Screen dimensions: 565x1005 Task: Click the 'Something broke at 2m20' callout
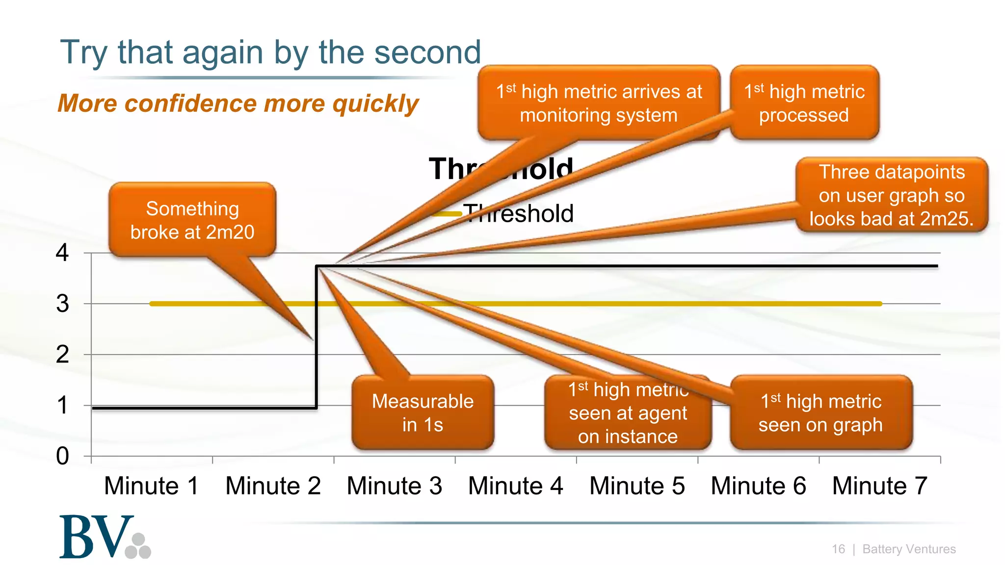point(192,220)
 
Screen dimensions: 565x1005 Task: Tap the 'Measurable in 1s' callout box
point(423,413)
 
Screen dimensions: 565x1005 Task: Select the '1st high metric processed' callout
point(804,103)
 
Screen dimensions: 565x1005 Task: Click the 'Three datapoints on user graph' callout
point(892,195)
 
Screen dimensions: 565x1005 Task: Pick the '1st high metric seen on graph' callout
point(820,413)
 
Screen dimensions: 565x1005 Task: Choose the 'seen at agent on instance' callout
point(628,413)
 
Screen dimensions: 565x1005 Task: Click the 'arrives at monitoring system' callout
point(599,103)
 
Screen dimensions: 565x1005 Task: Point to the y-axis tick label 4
point(62,253)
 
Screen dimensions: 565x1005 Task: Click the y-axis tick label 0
point(62,456)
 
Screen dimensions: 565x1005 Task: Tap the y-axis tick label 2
point(62,355)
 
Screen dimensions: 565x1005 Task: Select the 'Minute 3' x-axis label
point(394,486)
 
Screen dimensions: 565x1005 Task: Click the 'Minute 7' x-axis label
point(879,486)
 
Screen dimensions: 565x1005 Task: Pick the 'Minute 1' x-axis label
point(151,486)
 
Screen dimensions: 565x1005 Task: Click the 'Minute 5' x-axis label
point(637,486)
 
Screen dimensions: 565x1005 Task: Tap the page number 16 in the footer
point(838,549)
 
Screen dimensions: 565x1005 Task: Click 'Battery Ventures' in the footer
point(909,549)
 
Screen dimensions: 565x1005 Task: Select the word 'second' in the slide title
point(427,52)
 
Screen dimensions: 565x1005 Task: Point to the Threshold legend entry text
point(519,214)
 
